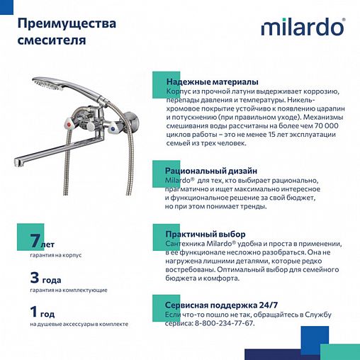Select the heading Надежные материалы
(x=211, y=82)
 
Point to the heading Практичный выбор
(x=205, y=234)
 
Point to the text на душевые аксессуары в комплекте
(x=79, y=325)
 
